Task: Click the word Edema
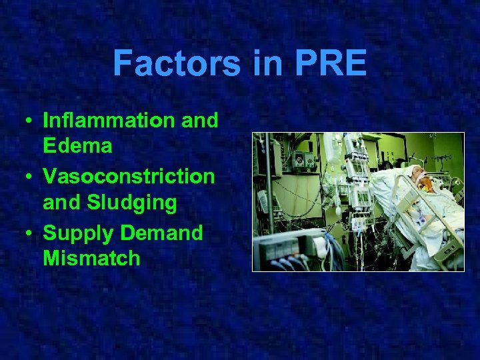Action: click(x=77, y=146)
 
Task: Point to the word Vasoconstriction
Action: click(x=129, y=177)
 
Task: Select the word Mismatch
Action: click(x=91, y=258)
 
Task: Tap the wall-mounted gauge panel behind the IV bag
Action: click(x=303, y=161)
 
